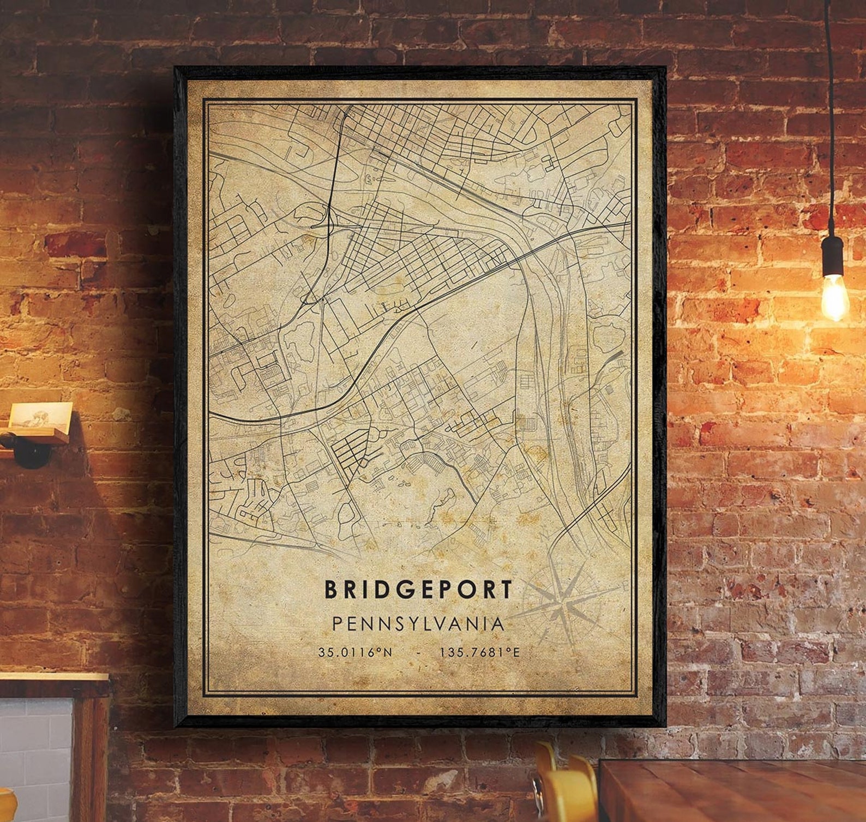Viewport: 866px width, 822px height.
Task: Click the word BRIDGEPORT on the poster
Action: click(418, 589)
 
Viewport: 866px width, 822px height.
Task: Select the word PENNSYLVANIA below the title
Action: click(418, 623)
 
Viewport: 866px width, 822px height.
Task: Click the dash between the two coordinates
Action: click(417, 652)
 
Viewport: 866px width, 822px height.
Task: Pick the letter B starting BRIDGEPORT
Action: click(330, 589)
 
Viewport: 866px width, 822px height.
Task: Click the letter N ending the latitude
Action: click(388, 652)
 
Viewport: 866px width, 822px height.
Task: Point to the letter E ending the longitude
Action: click(516, 652)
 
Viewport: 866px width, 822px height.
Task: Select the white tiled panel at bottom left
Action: click(35, 753)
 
